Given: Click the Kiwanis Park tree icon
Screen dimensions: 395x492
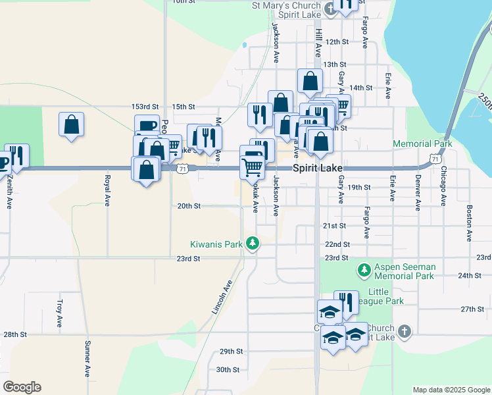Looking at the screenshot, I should click(253, 244).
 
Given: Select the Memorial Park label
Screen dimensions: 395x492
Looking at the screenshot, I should click(422, 144).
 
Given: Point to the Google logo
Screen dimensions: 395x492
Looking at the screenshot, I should click(22, 387).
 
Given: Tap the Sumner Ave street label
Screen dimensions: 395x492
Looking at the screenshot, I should click(87, 358).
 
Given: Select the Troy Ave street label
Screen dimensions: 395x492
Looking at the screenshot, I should click(59, 314).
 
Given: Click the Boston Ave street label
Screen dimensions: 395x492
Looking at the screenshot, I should click(470, 223).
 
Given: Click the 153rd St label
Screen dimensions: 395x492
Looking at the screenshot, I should click(145, 106).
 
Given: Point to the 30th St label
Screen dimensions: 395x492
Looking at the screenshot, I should click(228, 369).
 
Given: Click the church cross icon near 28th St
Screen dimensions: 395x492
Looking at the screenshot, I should click(404, 332).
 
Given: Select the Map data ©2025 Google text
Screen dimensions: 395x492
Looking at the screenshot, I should click(451, 390).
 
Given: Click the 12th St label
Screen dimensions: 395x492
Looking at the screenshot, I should click(336, 41).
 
